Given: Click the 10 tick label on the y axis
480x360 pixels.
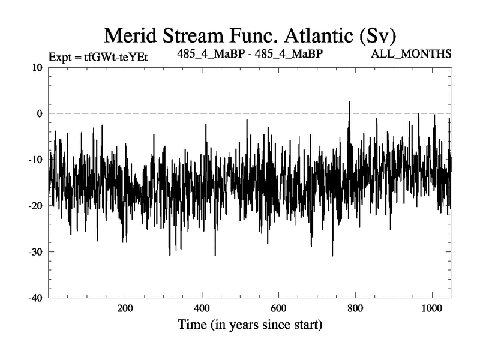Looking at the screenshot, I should tap(37, 67).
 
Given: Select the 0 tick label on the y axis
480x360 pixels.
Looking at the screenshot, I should tap(40, 113).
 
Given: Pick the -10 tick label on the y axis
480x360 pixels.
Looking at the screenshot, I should tap(35, 160).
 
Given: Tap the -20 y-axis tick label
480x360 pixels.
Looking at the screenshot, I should tap(35, 206).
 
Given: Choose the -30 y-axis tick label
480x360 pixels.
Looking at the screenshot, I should tap(35, 252).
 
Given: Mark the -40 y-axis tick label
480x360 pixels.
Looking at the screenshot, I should tap(35, 298).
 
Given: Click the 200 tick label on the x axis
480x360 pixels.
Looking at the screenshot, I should tap(125, 308).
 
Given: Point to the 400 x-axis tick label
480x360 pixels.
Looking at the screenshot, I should tap(202, 308).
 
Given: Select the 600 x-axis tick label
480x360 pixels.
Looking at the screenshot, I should tap(278, 308).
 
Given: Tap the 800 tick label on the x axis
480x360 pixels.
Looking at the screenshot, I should tap(355, 308).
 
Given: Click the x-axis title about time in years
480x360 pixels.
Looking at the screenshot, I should tap(250, 326).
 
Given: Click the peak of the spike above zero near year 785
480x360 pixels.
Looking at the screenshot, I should tap(349, 103).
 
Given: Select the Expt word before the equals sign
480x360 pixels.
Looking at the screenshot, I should tap(59, 58).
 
